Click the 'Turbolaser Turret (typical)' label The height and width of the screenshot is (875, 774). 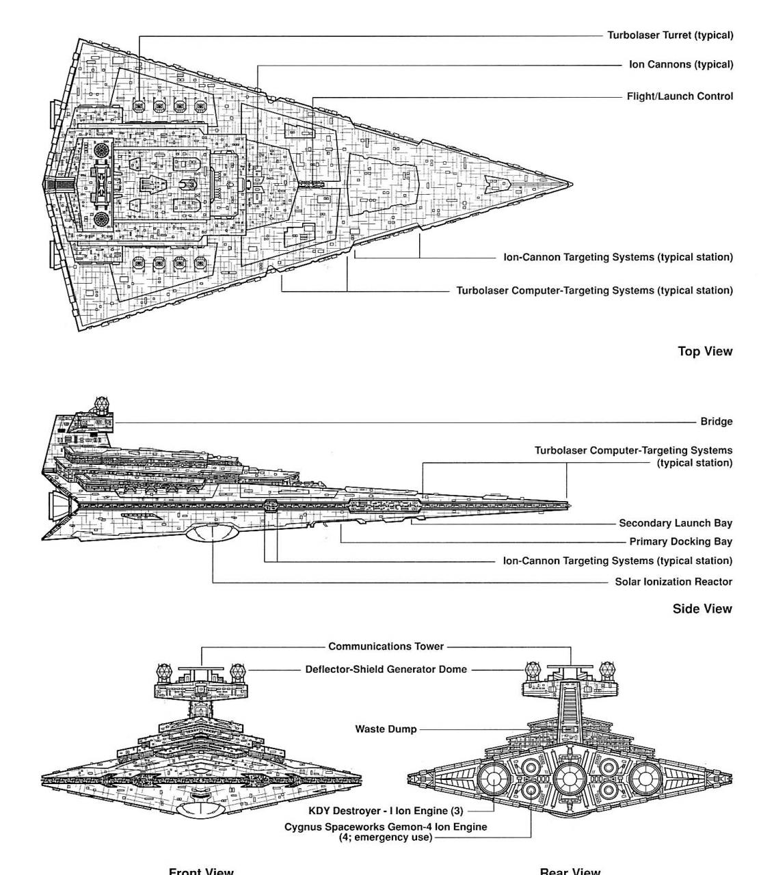[669, 35]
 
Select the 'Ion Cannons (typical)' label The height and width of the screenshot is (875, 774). [680, 65]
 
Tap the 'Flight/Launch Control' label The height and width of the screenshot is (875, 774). [680, 96]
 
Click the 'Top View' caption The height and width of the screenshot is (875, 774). [704, 351]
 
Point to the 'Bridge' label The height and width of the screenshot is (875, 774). [716, 422]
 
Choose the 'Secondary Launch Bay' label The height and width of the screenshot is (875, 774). [675, 523]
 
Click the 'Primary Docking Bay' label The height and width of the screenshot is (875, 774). [680, 541]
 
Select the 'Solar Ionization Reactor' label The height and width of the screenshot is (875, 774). [673, 582]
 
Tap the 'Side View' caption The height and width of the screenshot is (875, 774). [702, 608]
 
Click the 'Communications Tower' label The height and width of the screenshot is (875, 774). [386, 646]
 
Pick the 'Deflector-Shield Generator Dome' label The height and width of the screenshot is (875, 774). [386, 669]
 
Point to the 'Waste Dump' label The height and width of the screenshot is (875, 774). [386, 729]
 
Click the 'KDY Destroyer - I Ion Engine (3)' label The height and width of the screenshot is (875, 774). [386, 811]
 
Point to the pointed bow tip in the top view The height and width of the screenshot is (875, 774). [570, 184]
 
